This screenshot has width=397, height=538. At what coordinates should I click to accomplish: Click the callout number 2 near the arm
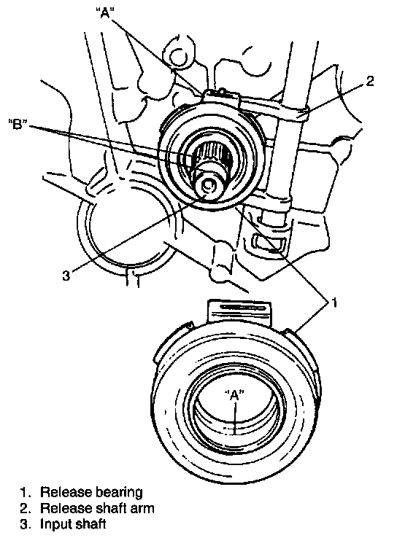(369, 82)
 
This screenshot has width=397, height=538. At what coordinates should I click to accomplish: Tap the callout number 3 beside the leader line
(66, 276)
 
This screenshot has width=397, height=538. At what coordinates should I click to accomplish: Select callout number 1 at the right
(334, 303)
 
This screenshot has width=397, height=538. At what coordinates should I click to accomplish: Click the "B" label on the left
(18, 124)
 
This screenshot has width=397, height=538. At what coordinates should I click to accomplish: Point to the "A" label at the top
(104, 13)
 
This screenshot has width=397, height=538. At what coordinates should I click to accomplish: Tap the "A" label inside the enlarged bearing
(234, 395)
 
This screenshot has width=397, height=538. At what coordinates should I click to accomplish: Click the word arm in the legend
(142, 509)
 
